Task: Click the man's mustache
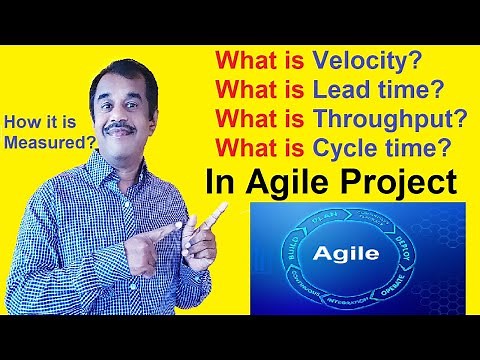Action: pyautogui.click(x=119, y=127)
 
